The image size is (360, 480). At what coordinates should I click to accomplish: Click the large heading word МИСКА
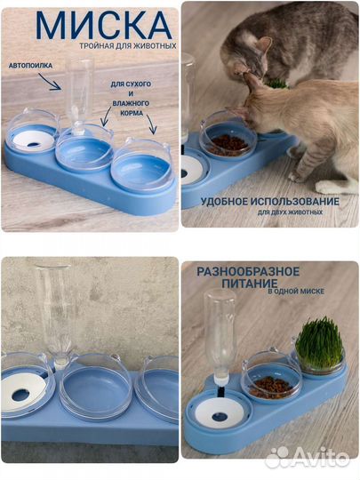coord(104,26)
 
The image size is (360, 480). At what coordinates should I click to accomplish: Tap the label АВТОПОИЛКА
coord(30,66)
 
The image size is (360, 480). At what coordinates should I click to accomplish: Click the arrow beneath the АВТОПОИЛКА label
coord(49,82)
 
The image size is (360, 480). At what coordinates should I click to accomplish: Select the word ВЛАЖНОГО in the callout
coord(131,103)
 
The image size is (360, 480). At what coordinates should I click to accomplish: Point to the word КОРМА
coord(132,113)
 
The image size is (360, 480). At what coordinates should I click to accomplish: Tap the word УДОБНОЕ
coord(224,202)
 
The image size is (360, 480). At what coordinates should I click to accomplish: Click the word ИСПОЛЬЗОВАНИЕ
coord(295,202)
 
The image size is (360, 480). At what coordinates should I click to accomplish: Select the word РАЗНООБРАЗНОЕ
coord(248,271)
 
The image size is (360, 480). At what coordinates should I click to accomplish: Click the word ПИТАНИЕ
coord(250,284)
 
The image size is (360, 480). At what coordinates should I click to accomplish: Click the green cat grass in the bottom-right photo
coord(319,342)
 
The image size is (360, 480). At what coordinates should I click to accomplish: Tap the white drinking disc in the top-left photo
coord(34,140)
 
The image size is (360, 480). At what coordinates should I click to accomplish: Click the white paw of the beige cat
coord(333,187)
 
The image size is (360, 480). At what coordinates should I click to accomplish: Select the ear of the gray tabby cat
coord(264,45)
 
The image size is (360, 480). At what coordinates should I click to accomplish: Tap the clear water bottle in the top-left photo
coord(80,95)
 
